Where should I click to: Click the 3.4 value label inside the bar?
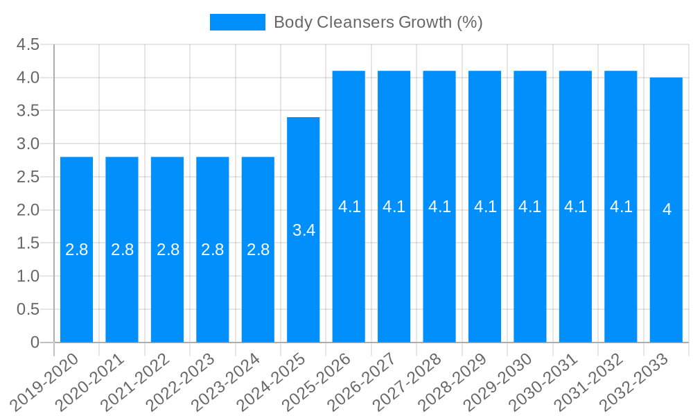(x=304, y=231)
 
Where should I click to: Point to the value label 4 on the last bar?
(x=667, y=209)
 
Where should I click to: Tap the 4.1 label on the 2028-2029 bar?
(x=485, y=207)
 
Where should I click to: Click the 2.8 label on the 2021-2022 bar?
(x=168, y=250)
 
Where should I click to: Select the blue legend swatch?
(x=237, y=22)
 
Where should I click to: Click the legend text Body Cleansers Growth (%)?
(x=378, y=22)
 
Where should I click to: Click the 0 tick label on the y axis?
(x=35, y=343)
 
